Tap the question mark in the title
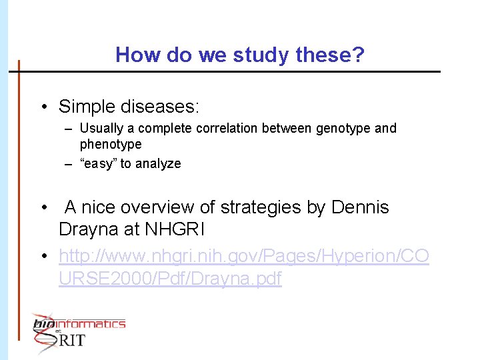click(359, 55)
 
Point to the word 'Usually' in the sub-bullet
click(100, 128)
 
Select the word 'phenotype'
click(111, 144)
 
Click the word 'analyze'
click(159, 163)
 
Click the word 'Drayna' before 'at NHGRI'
click(88, 229)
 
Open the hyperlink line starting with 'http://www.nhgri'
click(244, 256)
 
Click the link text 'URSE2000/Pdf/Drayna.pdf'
click(170, 279)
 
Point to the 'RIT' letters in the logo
click(72, 340)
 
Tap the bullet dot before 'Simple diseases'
click(43, 107)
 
